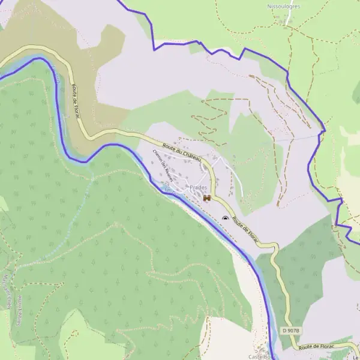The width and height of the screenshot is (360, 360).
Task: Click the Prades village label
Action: tap(197, 188)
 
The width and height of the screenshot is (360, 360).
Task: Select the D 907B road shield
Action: tap(290, 331)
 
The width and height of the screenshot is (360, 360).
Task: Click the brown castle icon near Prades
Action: tap(207, 197)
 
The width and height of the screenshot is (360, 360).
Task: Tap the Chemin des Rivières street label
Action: tap(163, 165)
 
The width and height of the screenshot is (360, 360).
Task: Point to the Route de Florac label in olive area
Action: tap(76, 102)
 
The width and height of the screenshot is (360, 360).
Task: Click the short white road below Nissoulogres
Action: tap(289, 17)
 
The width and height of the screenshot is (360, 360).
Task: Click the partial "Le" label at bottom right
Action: tap(356, 355)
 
